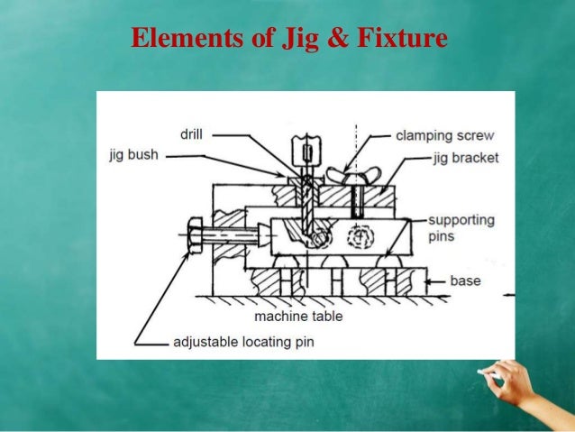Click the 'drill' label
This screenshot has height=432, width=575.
coord(191,134)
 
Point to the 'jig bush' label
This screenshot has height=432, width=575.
coord(133,155)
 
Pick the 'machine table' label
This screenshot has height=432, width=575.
coord(298,317)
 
